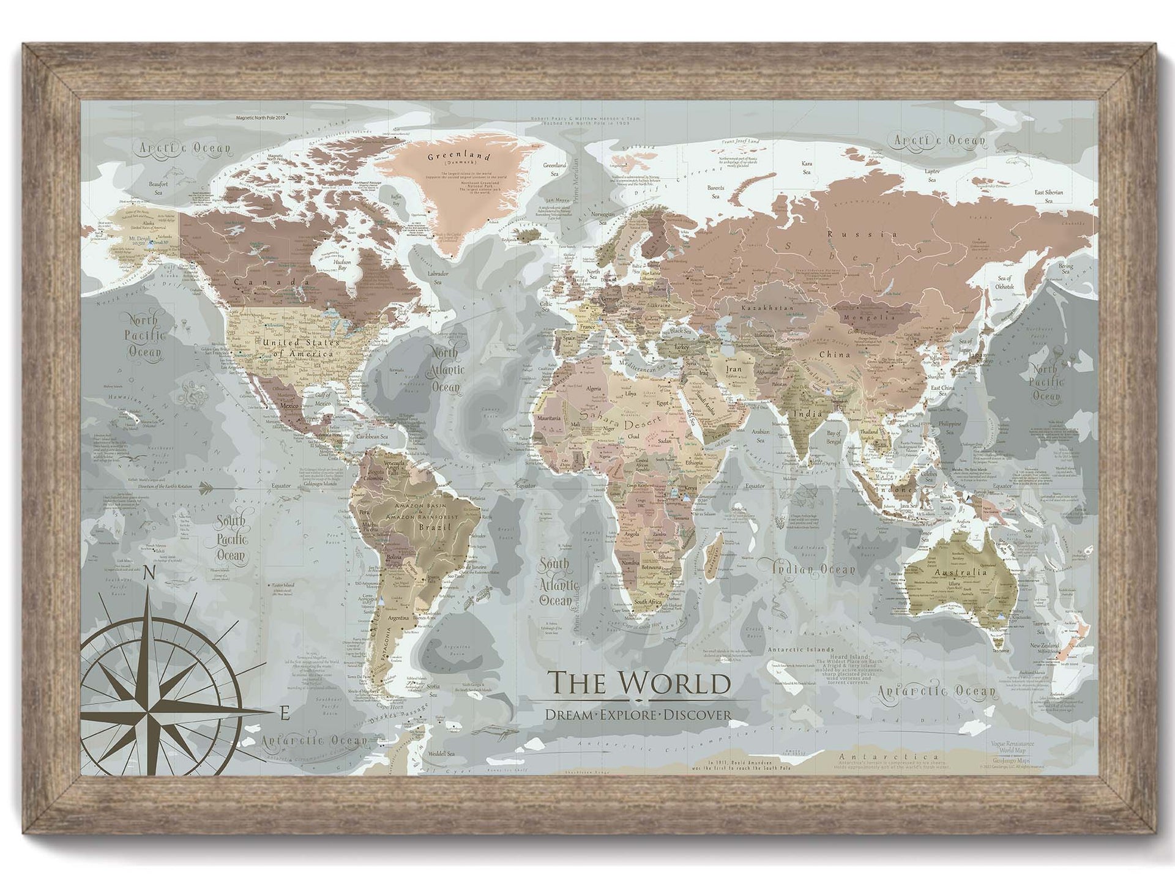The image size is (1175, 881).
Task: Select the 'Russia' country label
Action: tap(863, 234)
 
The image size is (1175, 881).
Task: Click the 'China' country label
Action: tap(835, 355)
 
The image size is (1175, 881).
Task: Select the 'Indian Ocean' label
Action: tap(813, 570)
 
